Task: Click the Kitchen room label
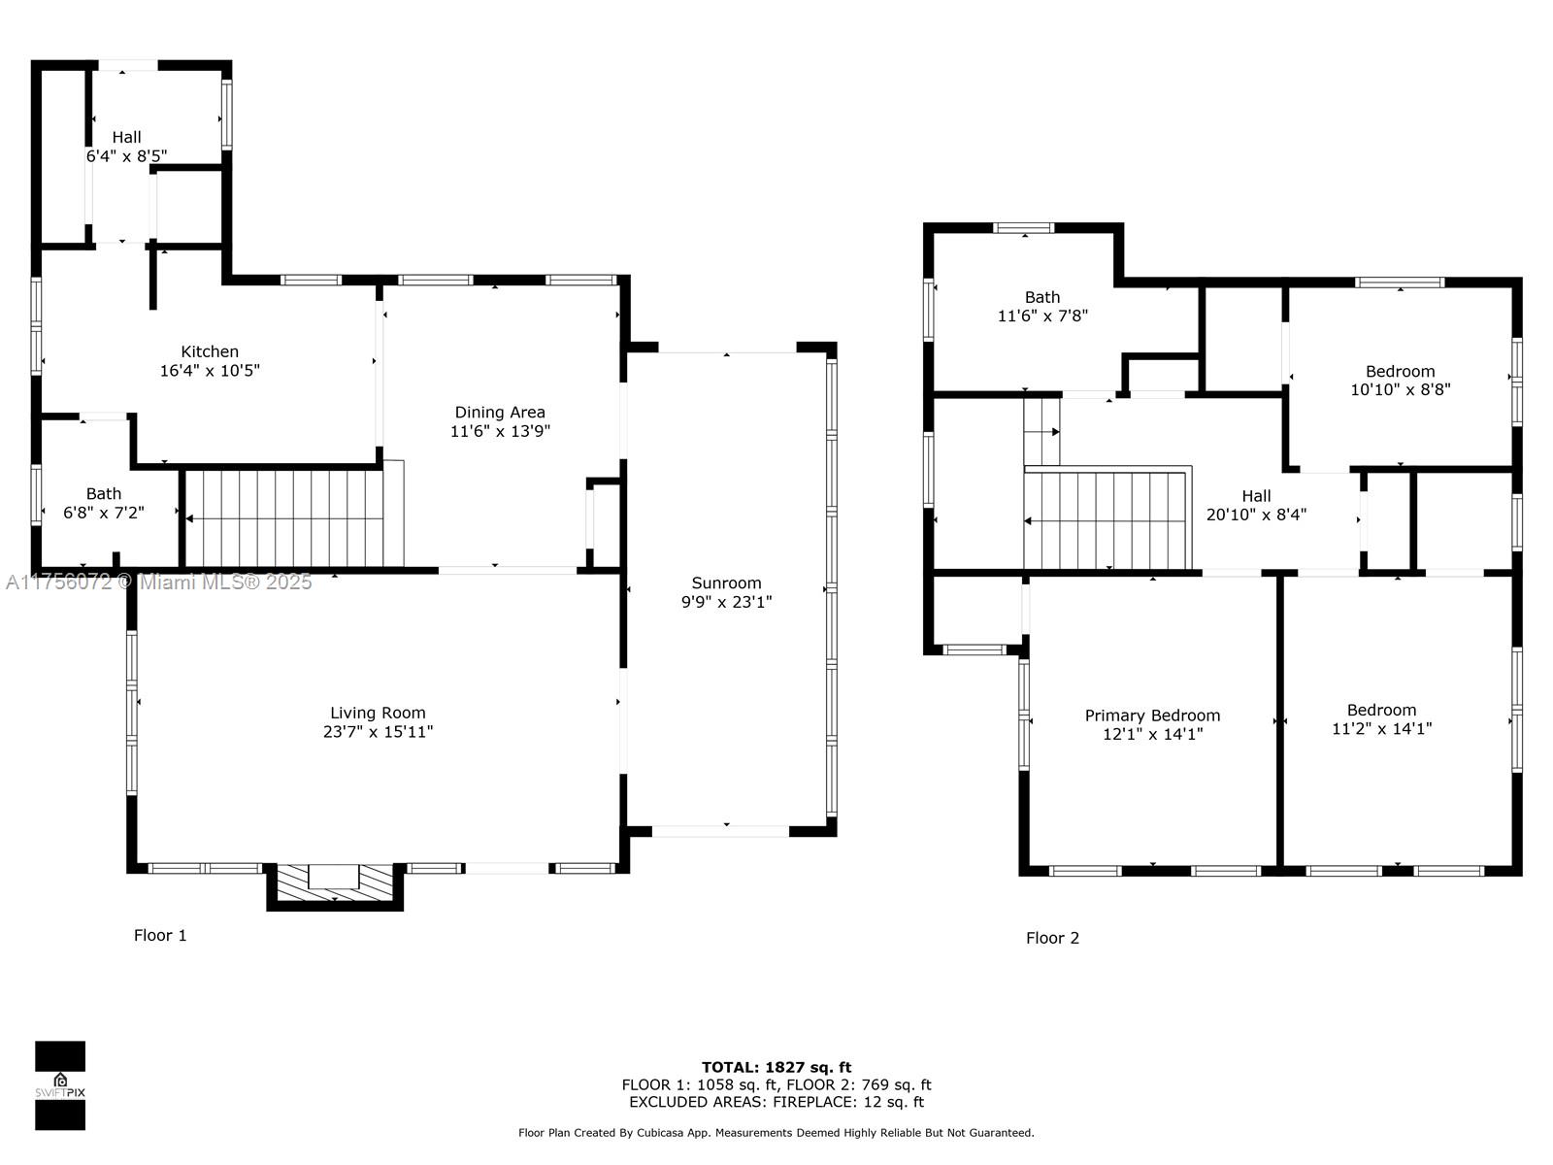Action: (x=210, y=351)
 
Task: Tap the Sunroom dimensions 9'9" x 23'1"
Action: (x=726, y=602)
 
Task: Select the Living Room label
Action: (x=378, y=713)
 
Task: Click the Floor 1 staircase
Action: (x=291, y=518)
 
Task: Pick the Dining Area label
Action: (x=500, y=413)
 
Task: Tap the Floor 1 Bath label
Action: (x=104, y=494)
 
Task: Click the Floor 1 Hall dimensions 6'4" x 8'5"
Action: (x=126, y=155)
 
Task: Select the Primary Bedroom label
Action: (x=1152, y=716)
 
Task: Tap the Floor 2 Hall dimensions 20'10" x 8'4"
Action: (x=1256, y=515)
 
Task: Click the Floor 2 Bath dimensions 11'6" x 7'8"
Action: (x=1042, y=316)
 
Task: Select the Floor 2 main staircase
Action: (x=1107, y=520)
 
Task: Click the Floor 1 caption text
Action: (x=160, y=935)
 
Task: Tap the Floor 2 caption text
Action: (x=1052, y=938)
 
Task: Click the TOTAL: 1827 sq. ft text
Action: (x=776, y=1067)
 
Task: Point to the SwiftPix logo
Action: (x=60, y=1085)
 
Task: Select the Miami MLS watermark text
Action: (x=159, y=582)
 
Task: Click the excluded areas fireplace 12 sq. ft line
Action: (x=776, y=1102)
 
